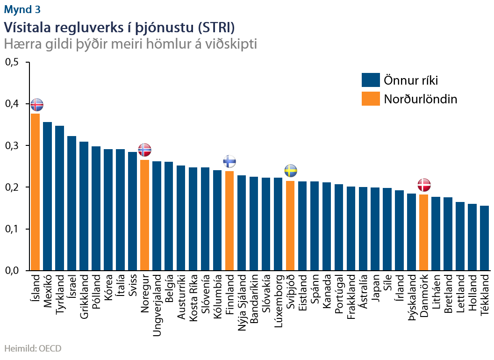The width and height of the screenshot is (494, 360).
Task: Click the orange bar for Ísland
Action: click(x=35, y=192)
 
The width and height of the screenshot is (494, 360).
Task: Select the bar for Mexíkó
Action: click(x=47, y=196)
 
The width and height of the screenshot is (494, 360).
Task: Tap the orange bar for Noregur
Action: click(x=144, y=215)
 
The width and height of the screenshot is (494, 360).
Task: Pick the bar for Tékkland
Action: click(x=485, y=238)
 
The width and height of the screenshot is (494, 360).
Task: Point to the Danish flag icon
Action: click(x=424, y=184)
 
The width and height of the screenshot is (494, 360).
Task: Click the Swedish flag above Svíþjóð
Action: click(x=290, y=171)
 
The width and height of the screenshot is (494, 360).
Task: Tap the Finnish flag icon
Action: click(x=229, y=161)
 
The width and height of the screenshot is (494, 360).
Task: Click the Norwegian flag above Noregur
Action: click(x=145, y=150)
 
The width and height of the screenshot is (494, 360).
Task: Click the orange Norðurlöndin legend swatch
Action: click(x=371, y=99)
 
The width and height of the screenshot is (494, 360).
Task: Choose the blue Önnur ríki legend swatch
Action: click(x=371, y=80)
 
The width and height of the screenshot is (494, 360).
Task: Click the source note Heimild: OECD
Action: click(x=33, y=348)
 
